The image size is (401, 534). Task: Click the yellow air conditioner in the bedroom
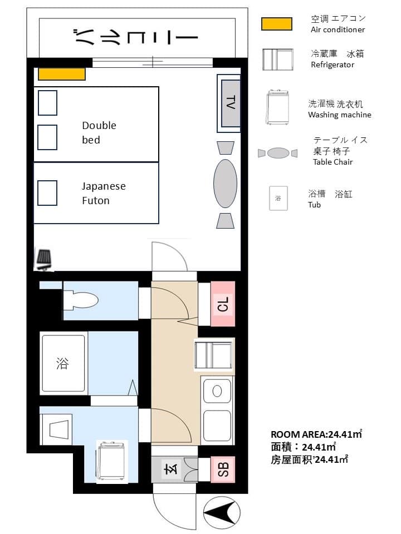pyautogui.click(x=61, y=74)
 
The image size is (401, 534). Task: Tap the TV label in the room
pyautogui.click(x=231, y=102)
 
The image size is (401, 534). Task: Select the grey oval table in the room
pyautogui.click(x=225, y=183)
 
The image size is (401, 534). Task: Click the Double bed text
pyautogui.click(x=99, y=132)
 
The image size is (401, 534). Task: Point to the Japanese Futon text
pyautogui.click(x=104, y=193)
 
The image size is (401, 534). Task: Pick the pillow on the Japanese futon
pyautogui.click(x=47, y=193)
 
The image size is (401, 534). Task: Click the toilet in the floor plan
pyautogui.click(x=81, y=300)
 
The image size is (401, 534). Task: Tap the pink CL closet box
pyautogui.click(x=223, y=304)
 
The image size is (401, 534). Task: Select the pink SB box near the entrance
pyautogui.click(x=223, y=469)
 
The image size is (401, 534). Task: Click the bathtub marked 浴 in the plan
pyautogui.click(x=63, y=363)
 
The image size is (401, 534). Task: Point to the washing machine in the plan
pyautogui.click(x=112, y=462)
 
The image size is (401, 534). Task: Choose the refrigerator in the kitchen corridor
pyautogui.click(x=214, y=355)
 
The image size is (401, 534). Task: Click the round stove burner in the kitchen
pyautogui.click(x=217, y=391)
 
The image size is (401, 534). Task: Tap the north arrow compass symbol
pyautogui.click(x=222, y=512)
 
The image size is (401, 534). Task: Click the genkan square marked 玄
pyautogui.click(x=171, y=469)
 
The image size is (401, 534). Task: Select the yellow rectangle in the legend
pyautogui.click(x=277, y=24)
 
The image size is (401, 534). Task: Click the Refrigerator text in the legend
pyautogui.click(x=332, y=65)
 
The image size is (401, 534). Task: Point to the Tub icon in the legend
pyautogui.click(x=278, y=198)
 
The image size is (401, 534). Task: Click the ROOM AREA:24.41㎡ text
pyautogui.click(x=316, y=434)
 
